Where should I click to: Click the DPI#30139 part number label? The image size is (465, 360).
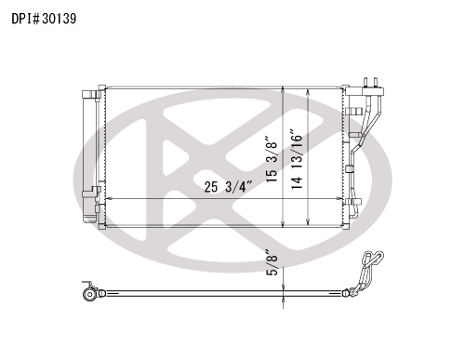[44, 19]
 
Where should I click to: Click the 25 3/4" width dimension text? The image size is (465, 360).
[228, 187]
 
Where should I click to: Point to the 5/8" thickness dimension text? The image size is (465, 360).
[272, 262]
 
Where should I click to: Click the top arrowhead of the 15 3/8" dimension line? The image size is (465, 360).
[283, 89]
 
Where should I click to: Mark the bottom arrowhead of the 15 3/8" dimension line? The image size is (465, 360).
[283, 224]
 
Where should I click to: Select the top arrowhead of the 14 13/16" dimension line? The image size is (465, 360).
[307, 92]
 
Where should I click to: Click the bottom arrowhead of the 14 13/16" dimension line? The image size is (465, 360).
[307, 221]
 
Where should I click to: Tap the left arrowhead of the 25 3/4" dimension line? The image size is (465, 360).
[109, 198]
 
